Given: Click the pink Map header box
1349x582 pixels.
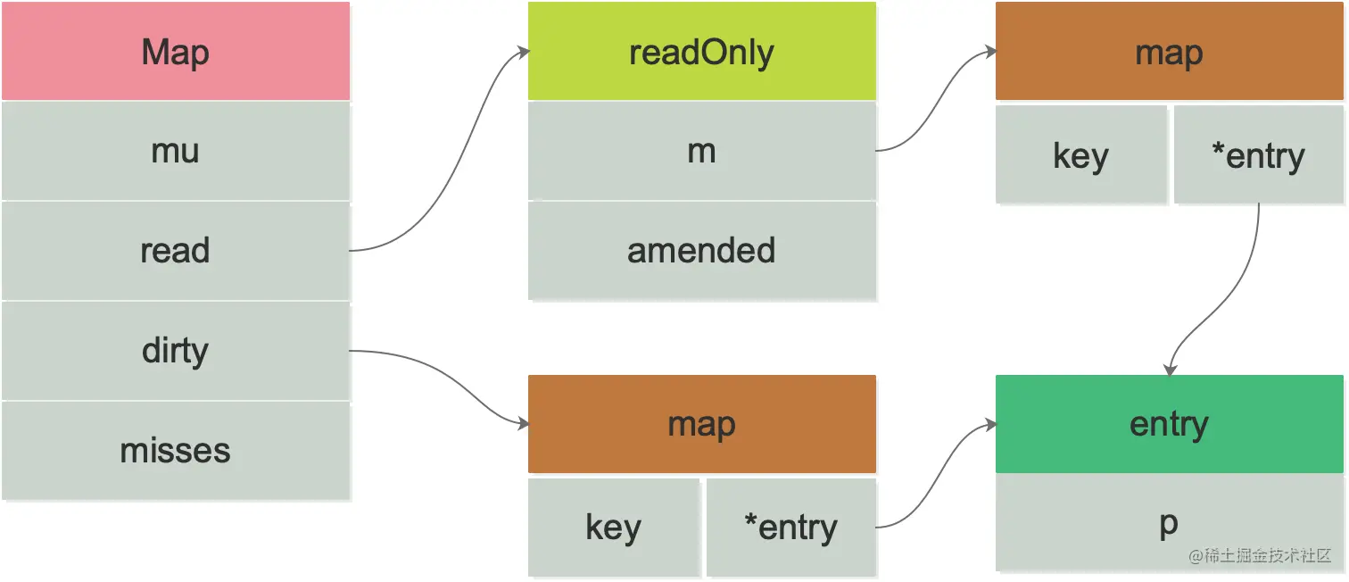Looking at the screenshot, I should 176,52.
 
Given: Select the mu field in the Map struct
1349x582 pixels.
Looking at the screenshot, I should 176,151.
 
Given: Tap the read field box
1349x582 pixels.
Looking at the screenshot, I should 176,251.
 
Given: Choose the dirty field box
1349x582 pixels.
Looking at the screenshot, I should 176,351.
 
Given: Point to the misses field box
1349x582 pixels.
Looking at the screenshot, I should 176,451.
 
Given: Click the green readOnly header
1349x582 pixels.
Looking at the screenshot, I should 701,52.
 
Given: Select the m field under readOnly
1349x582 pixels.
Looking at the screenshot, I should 701,151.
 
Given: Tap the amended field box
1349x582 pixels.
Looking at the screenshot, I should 701,251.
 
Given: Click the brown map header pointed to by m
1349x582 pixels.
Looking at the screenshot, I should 1169,52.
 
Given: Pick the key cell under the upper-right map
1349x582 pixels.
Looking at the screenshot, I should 1080,155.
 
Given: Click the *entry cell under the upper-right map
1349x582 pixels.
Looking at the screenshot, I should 1258,155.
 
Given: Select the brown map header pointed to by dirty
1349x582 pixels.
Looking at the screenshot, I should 701,424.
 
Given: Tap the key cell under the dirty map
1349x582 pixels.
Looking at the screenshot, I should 613,528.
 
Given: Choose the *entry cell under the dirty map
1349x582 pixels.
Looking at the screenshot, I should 790,528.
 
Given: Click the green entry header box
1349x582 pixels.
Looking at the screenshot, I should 1169,424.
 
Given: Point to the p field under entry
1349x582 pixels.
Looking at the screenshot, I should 1169,523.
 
